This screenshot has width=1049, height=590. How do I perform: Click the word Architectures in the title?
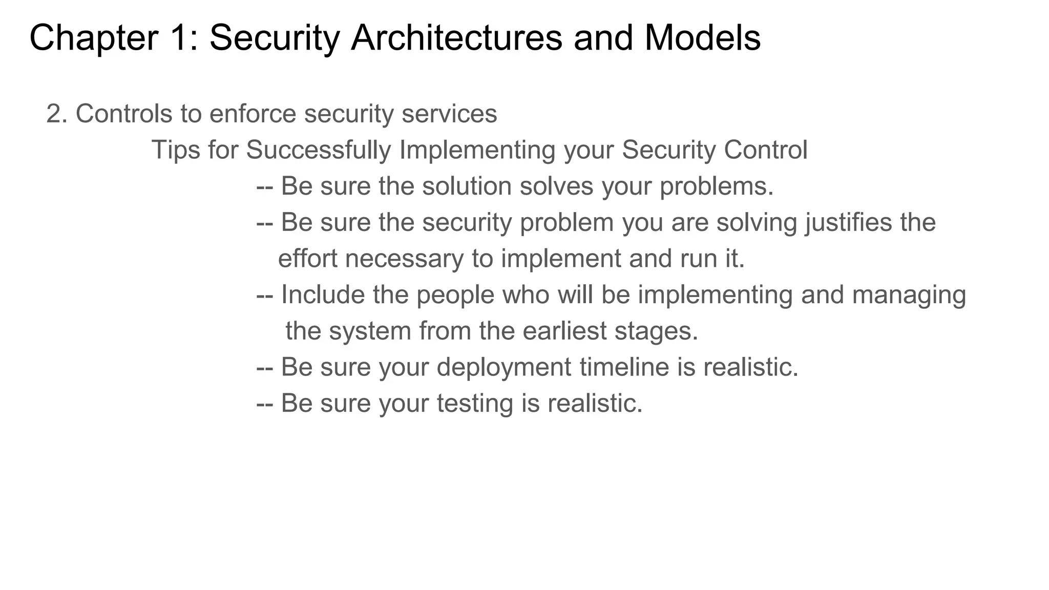[456, 38]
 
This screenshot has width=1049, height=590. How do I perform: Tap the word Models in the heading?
[702, 38]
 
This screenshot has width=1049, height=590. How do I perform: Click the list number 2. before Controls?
[57, 114]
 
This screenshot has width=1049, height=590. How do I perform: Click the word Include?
[323, 295]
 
